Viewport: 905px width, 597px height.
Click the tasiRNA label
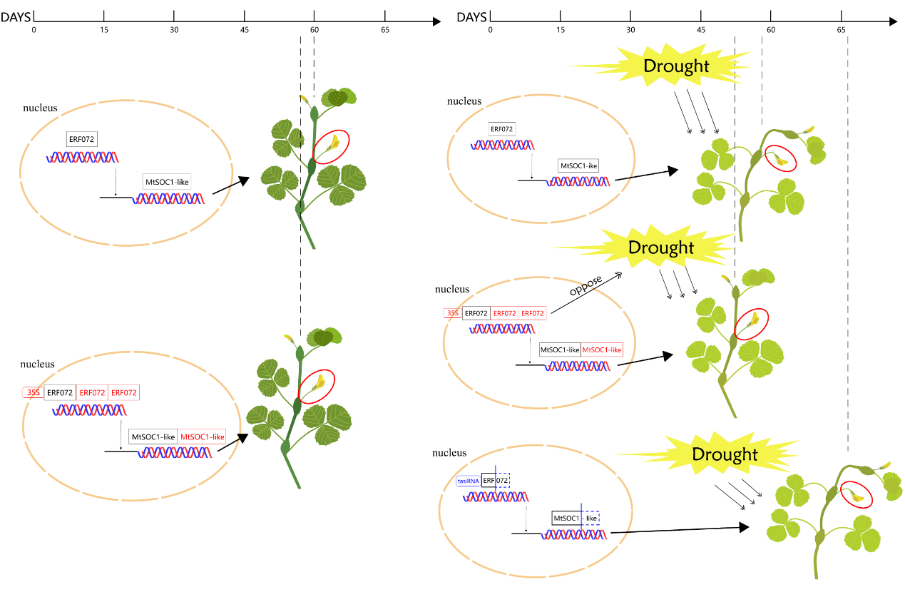[x=468, y=481]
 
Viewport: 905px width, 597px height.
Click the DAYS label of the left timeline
[x=16, y=16]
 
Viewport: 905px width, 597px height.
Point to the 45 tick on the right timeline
[x=701, y=16]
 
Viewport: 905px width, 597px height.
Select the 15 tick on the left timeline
[x=104, y=16]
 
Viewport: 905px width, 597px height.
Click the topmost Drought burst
[x=675, y=66]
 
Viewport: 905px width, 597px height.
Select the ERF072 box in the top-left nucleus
[x=82, y=139]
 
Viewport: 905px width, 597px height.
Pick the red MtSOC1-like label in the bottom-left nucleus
[x=203, y=437]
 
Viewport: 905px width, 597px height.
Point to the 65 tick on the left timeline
[x=385, y=16]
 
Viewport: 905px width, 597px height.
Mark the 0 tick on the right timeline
[x=490, y=16]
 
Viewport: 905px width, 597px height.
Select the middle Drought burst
[x=660, y=248]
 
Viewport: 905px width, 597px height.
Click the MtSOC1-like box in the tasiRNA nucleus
[x=575, y=518]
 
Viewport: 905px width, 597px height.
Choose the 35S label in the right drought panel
[x=452, y=312]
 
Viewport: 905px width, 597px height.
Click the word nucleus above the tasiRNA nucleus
[x=449, y=453]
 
